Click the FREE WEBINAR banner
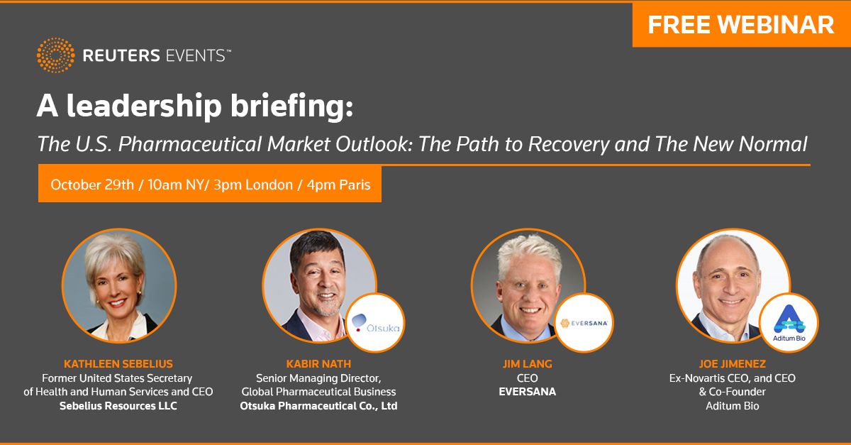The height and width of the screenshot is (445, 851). [741, 25]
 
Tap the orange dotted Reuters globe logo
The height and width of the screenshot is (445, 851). [56, 55]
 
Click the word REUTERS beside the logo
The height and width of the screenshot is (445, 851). [121, 55]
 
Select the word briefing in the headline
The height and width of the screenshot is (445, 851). [291, 106]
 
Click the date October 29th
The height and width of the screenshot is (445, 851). [92, 185]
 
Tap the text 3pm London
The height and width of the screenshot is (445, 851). [253, 185]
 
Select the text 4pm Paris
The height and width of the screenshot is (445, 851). [338, 185]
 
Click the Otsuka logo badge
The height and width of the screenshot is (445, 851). [375, 323]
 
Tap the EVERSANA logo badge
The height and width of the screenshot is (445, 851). [584, 323]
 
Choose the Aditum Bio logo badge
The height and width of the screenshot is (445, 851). [789, 323]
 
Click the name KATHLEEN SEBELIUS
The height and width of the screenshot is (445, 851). [118, 364]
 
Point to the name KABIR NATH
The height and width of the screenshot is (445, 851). [318, 364]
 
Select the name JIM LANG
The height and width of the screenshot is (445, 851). [528, 364]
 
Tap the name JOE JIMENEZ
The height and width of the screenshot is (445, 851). [733, 364]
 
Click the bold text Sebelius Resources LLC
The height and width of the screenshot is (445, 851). [118, 406]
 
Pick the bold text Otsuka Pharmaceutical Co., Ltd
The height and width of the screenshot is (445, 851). [318, 406]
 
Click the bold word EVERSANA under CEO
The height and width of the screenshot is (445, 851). [528, 392]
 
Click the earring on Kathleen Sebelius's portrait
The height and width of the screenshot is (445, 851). [139, 293]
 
